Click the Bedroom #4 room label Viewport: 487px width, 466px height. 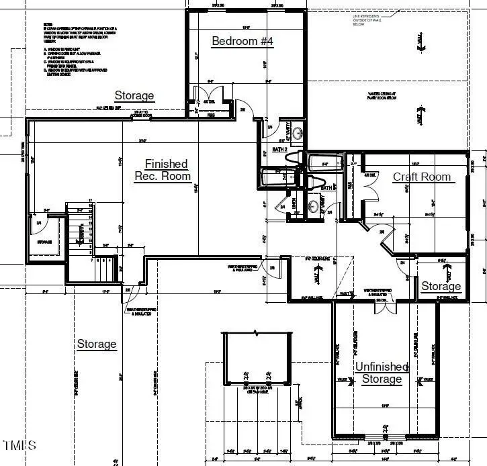pos(242,41)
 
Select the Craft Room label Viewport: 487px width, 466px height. pos(421,177)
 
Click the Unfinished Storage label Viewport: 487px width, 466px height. pos(382,373)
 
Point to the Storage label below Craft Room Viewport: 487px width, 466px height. pos(441,287)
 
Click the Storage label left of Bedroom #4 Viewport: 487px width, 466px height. pos(134,96)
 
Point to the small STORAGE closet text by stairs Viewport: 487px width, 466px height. pos(44,242)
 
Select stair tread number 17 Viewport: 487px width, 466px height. pos(90,201)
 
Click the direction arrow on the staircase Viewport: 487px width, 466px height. pos(82,232)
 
